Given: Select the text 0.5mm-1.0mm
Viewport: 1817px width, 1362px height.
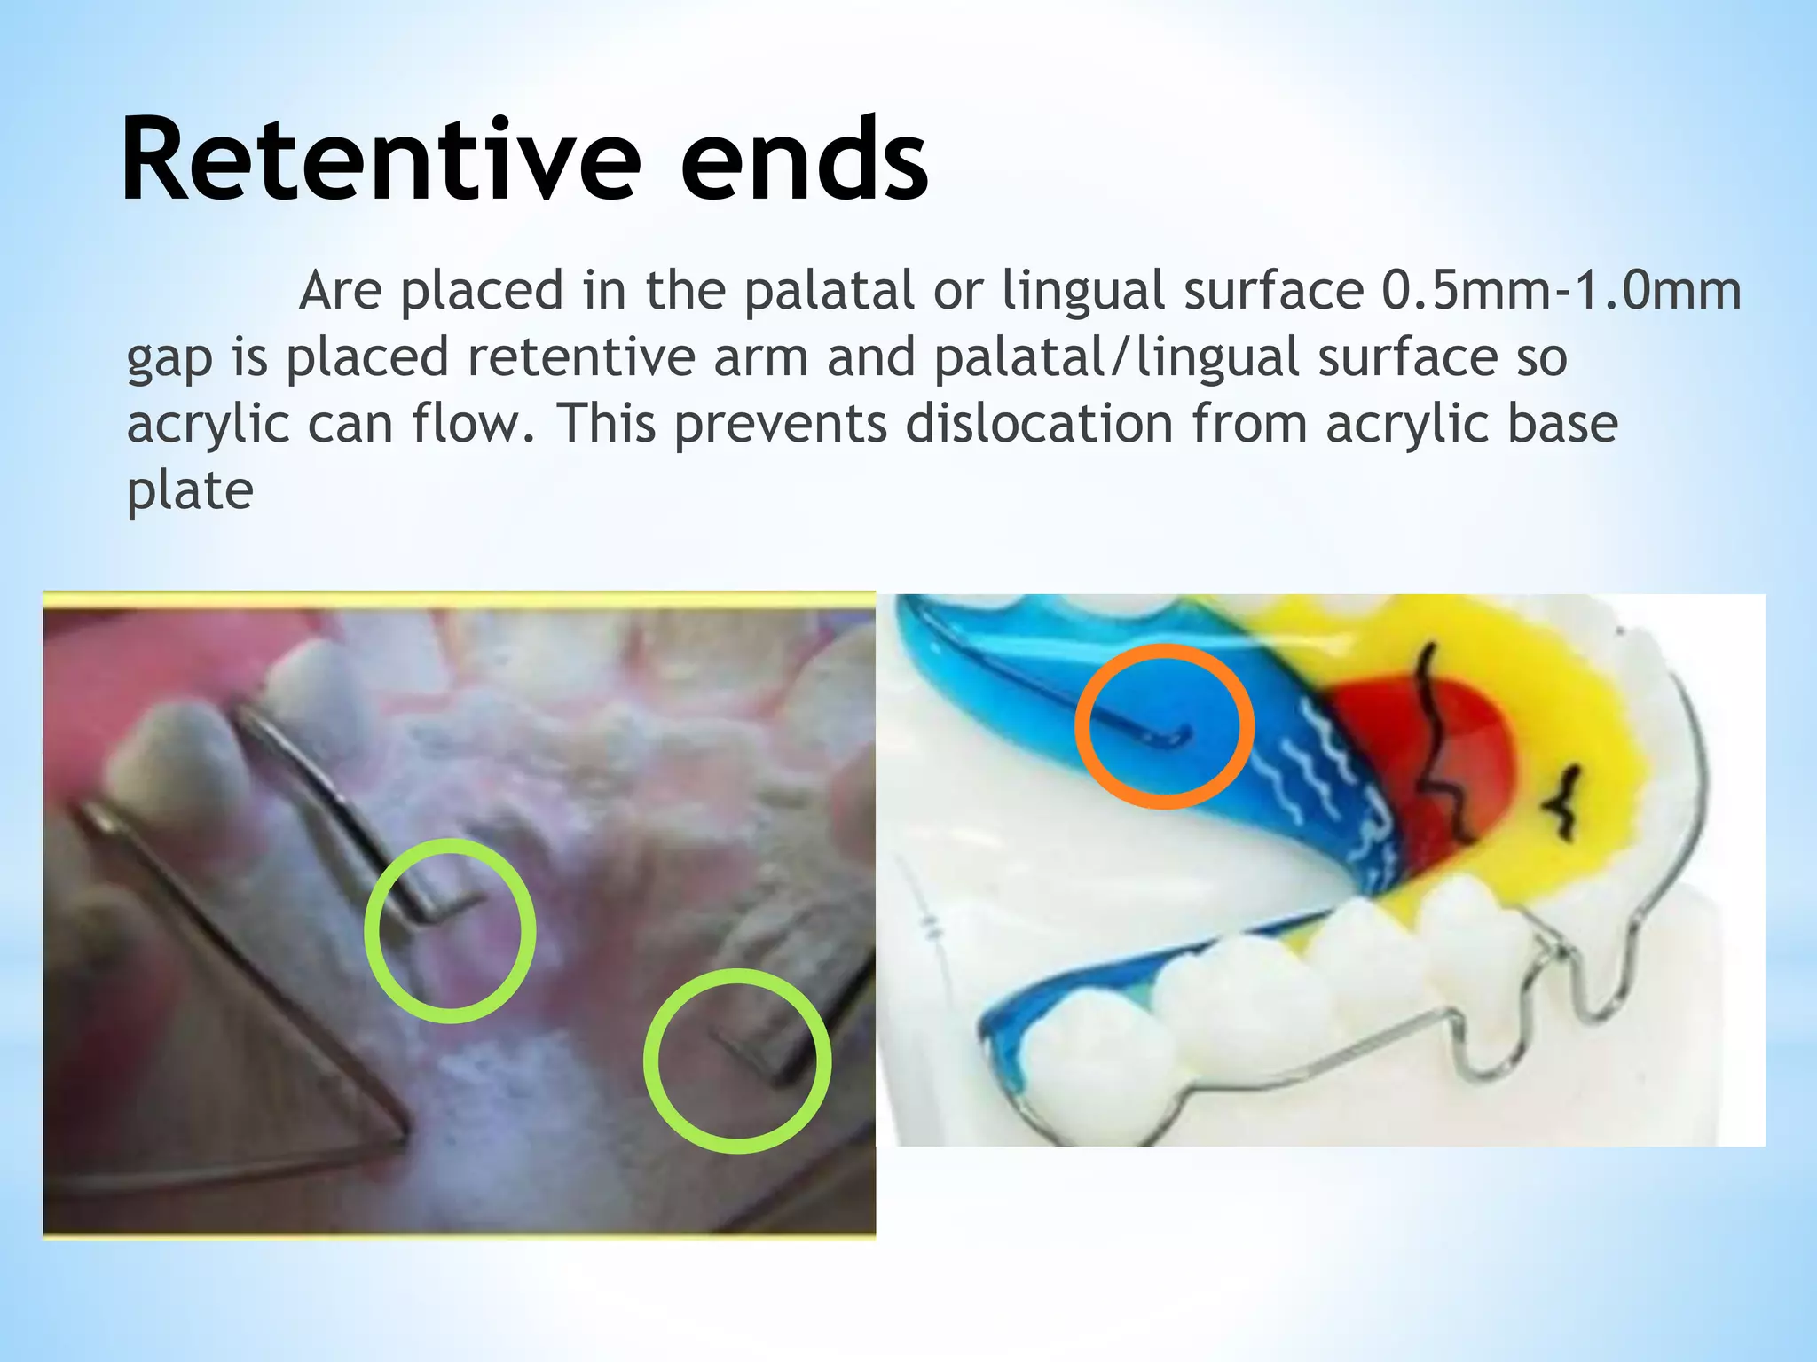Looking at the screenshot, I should [1561, 290].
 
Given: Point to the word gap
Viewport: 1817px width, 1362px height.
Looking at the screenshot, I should [169, 358].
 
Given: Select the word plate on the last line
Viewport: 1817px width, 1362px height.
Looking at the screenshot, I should [190, 489].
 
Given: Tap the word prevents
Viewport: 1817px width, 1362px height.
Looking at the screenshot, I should [781, 424].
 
